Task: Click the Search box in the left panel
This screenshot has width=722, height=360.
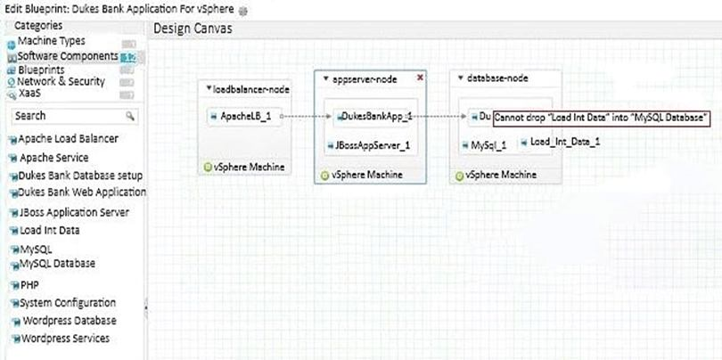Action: coord(67,116)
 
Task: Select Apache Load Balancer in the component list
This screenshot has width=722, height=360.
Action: coord(68,139)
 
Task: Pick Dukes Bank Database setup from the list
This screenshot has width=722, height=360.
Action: coord(80,176)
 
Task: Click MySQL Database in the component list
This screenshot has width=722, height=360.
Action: coord(57,264)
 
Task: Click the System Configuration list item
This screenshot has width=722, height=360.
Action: coord(68,303)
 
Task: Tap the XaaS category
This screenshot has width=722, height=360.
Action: coord(31,92)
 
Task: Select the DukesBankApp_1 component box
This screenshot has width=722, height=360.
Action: coord(374,116)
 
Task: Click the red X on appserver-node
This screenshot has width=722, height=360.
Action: coord(420,78)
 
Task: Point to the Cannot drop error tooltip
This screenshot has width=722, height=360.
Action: coord(602,117)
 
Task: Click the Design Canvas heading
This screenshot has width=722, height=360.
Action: coord(193,29)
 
